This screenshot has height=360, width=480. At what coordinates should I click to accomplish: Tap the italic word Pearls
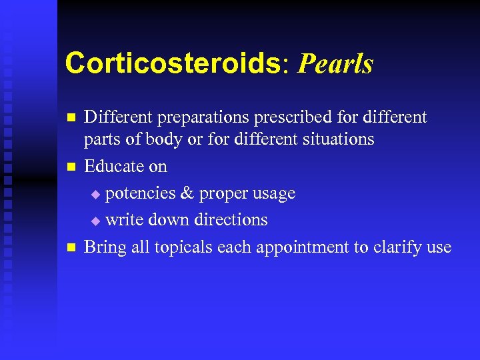pos(336,65)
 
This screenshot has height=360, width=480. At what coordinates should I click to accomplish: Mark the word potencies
pos(143,194)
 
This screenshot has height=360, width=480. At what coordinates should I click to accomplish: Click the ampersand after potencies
pos(188,193)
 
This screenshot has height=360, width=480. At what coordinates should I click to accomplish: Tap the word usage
pos(271,194)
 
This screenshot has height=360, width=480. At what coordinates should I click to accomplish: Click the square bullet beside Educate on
pos(69,167)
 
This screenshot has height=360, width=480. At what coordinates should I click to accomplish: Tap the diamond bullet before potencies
pos(95,195)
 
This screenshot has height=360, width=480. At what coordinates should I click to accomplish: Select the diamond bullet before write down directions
pos(95,221)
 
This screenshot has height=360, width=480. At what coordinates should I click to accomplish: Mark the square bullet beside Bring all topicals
pos(69,248)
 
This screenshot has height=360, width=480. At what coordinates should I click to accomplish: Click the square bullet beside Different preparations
pos(69,118)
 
